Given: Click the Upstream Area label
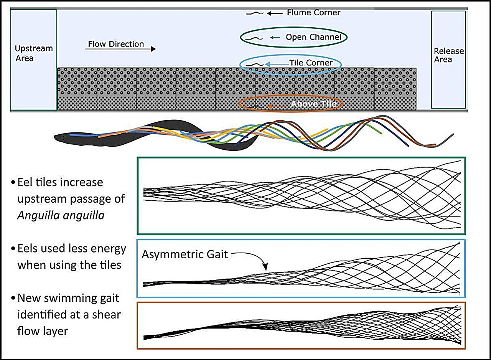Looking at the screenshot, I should coord(33,53).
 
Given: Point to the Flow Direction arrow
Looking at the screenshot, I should coord(120,49).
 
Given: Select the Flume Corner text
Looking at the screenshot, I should coord(313,13).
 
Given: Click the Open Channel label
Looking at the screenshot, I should coord(313,37).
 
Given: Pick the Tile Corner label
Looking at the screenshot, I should coord(311,63).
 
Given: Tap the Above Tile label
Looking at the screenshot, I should coord(314,104).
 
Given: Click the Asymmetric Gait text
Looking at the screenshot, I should coord(185,254).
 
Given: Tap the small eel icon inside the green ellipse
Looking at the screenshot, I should coord(254,38).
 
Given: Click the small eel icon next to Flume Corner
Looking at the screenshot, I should coord(254,13).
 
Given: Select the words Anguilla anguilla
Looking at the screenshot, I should coord(61,215).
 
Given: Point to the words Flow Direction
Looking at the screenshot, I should coord(116,44).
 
